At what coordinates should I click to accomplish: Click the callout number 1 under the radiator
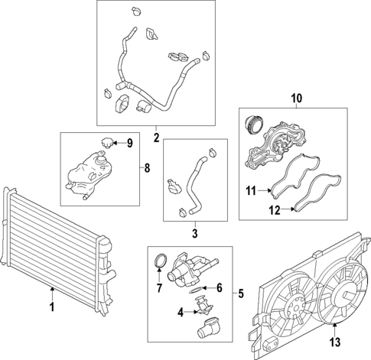(51, 307)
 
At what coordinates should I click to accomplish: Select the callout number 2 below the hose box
(155, 138)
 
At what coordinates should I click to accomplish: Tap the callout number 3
(194, 233)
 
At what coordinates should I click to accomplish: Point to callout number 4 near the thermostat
(181, 312)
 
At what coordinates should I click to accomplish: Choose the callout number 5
(239, 293)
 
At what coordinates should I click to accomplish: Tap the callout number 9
(129, 142)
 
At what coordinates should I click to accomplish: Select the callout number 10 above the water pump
(295, 98)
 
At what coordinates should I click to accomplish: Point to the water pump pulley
(253, 125)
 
